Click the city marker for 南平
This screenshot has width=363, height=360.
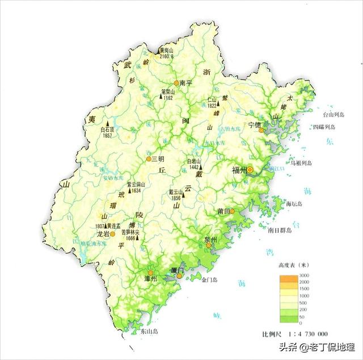coord(176,83)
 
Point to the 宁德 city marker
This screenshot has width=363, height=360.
coord(261,130)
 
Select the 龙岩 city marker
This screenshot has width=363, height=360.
coord(112,233)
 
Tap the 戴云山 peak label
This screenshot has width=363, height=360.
coord(174,192)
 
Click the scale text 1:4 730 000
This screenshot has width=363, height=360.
coord(311,333)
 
